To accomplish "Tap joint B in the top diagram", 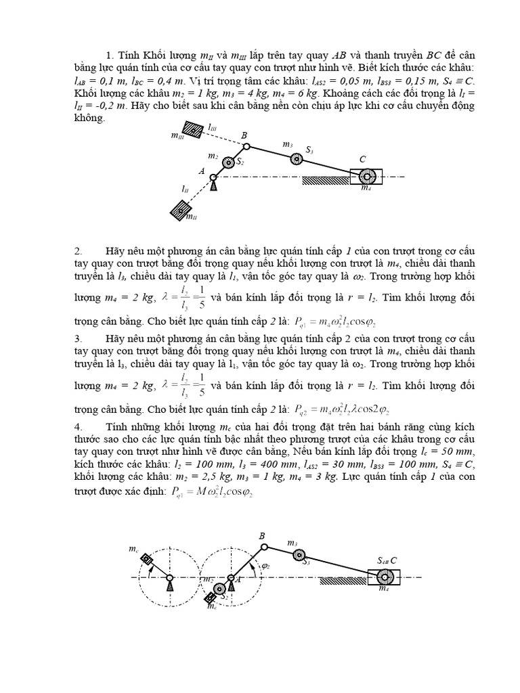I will [246, 146].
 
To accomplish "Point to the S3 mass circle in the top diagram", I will [296, 159].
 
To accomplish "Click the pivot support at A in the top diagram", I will [214, 180].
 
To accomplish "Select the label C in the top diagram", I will [363, 159].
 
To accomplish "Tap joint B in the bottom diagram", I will [264, 546].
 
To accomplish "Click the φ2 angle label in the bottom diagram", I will [265, 566].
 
